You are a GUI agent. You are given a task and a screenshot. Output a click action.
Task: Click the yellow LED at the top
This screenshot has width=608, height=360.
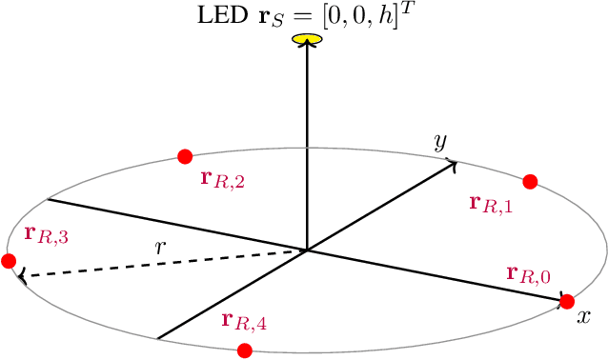point(306,39)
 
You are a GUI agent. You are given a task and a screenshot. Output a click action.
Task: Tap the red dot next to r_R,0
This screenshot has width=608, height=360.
point(567,302)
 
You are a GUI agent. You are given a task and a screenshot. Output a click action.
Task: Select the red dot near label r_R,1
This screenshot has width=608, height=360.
point(531,182)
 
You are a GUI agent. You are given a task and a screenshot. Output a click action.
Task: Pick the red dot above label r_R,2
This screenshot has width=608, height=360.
point(185,156)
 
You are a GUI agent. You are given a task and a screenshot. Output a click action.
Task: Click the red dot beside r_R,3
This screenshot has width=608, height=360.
point(10,261)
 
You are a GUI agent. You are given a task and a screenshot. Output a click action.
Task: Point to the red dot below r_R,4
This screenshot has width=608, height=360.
point(245,350)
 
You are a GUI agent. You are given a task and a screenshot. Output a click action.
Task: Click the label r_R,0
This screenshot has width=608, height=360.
point(529,275)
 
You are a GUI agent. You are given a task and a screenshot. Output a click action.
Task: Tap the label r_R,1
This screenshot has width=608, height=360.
point(492,203)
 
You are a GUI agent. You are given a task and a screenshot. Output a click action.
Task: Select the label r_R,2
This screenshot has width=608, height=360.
point(222,178)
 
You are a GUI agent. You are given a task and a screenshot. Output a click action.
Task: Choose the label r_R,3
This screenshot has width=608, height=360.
point(46,234)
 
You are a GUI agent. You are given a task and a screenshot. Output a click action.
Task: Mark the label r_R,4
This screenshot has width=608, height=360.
point(244,321)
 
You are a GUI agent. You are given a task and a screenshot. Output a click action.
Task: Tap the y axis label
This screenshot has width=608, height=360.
point(440,143)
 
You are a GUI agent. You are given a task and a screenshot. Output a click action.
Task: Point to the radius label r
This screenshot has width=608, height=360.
point(161,246)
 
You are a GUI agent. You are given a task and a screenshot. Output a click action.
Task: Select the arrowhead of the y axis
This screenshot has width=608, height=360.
point(452,163)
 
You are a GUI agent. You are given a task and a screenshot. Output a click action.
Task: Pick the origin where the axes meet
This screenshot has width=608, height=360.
point(306,251)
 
